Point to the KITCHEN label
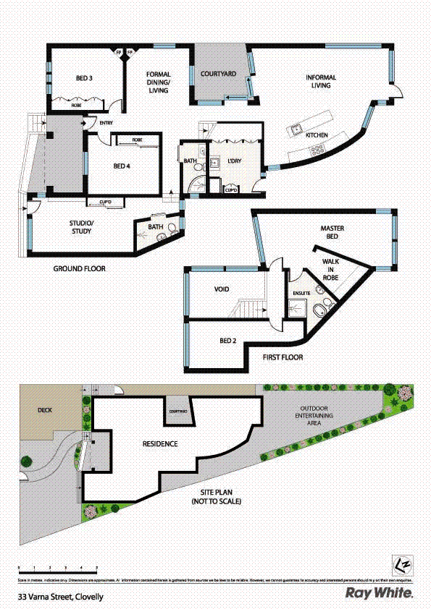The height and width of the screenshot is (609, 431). (x=317, y=135)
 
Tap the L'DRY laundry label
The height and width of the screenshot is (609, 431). (x=234, y=161)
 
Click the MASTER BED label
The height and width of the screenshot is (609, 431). (x=332, y=232)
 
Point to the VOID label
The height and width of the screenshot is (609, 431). (x=222, y=289)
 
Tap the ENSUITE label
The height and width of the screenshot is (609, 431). (x=301, y=293)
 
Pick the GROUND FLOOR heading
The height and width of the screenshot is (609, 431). (x=79, y=268)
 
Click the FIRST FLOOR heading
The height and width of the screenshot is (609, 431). (x=283, y=357)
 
